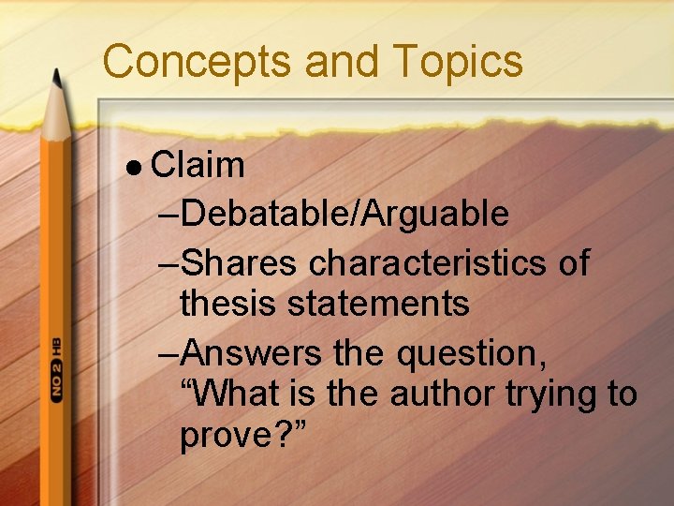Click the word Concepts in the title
(198, 62)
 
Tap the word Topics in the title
(459, 62)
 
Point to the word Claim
(198, 166)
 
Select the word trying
(551, 394)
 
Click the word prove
(226, 436)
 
